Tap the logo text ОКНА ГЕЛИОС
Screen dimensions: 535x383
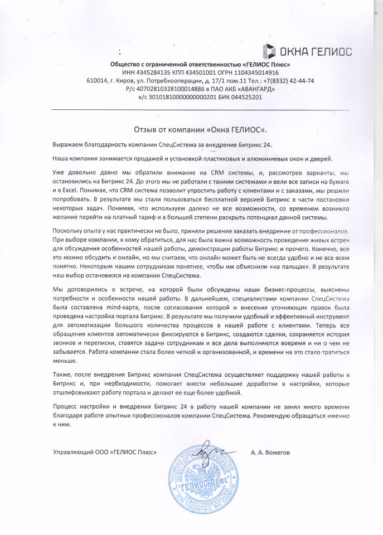(316, 52)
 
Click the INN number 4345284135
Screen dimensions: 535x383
(154, 72)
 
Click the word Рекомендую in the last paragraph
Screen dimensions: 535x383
(281, 416)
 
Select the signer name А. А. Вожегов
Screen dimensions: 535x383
(272, 452)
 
